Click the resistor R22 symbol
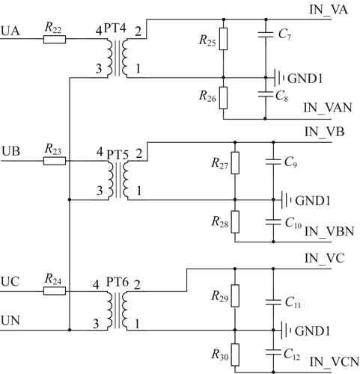click(55, 40)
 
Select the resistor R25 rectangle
click(223, 39)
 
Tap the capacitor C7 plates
click(266, 34)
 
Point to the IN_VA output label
click(328, 10)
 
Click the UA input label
click(10, 31)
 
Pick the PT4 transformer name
click(115, 28)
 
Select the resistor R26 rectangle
click(223, 98)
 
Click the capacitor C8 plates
click(266, 94)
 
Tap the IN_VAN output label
click(328, 108)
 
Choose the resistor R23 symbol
click(55, 161)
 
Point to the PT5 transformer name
click(118, 155)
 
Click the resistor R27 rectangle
click(235, 163)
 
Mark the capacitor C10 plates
click(273, 222)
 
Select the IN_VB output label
click(324, 132)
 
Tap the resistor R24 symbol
click(55, 291)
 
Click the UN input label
click(10, 320)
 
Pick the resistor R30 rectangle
click(235, 355)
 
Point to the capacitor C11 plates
click(273, 302)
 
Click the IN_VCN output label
click(335, 362)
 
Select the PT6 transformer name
click(118, 282)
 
